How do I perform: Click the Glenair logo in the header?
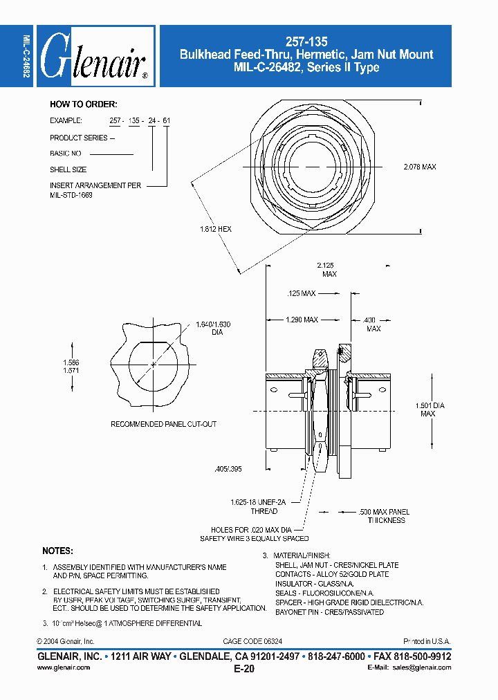point(95,56)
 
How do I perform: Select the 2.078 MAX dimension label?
point(420,167)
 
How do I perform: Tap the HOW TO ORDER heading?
point(83,104)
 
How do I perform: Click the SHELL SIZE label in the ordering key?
point(68,169)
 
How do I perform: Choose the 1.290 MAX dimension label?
point(302,320)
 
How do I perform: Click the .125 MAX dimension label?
point(301,293)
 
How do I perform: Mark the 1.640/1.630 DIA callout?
point(213,328)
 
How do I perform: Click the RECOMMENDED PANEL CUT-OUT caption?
point(163,424)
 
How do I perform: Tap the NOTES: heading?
point(57,551)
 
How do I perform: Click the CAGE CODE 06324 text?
point(252,642)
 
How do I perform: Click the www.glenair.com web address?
point(63,667)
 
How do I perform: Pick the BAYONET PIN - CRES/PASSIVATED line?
point(329,612)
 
